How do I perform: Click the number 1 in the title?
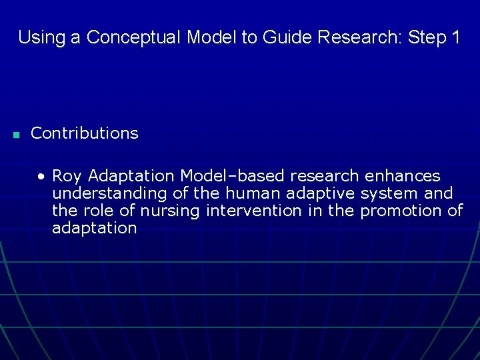[455, 37]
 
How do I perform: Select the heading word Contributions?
[85, 133]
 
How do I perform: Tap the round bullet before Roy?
[42, 177]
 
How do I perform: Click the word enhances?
[403, 176]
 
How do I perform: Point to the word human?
[249, 193]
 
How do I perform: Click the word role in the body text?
[96, 211]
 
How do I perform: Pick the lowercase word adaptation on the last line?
[94, 228]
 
